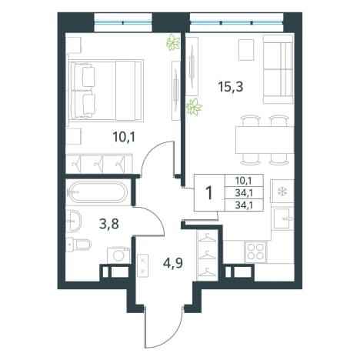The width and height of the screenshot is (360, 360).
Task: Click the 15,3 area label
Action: tap(230, 87)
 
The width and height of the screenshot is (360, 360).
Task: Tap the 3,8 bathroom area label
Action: tap(108, 225)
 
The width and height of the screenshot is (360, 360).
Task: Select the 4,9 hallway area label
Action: tap(173, 262)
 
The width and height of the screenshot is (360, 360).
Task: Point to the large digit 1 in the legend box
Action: tap(209, 193)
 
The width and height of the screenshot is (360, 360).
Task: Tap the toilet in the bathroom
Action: tap(78, 245)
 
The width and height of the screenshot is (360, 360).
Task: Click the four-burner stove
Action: tap(255, 252)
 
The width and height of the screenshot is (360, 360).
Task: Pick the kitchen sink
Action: tap(283, 218)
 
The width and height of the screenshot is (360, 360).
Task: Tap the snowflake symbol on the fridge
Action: tap(283, 191)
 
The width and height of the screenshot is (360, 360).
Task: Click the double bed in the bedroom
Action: tap(105, 91)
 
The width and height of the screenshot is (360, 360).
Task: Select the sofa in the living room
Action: tap(278, 69)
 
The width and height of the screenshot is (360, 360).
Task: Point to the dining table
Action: tap(265, 140)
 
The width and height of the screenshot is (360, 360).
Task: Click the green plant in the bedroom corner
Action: tap(173, 43)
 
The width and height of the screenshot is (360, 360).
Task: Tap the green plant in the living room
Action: tap(194, 106)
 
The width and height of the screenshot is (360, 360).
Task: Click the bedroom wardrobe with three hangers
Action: tap(99, 163)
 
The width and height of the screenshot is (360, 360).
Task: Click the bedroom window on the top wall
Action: tap(123, 22)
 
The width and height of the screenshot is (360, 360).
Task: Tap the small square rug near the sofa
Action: tap(246, 50)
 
